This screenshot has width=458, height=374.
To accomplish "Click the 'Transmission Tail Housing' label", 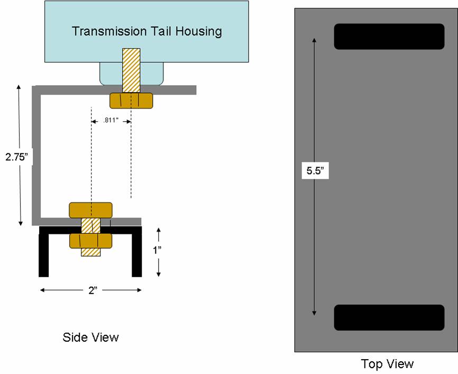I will pyautogui.click(x=146, y=31).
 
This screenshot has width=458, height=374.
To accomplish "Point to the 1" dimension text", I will pyautogui.click(x=158, y=250).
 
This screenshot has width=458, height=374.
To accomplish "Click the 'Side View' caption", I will pyautogui.click(x=90, y=337).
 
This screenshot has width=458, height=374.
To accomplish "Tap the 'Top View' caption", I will pyautogui.click(x=387, y=363).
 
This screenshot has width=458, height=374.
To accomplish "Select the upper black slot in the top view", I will pyautogui.click(x=389, y=37).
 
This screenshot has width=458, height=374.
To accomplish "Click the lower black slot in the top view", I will pyautogui.click(x=389, y=317).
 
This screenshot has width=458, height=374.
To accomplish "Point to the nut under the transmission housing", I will pyautogui.click(x=131, y=101).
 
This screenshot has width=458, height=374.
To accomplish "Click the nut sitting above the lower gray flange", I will pyautogui.click(x=90, y=210).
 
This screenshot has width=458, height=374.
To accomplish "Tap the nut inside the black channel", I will pyautogui.click(x=90, y=241).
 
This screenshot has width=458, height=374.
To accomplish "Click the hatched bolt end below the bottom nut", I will pyautogui.click(x=90, y=252).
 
